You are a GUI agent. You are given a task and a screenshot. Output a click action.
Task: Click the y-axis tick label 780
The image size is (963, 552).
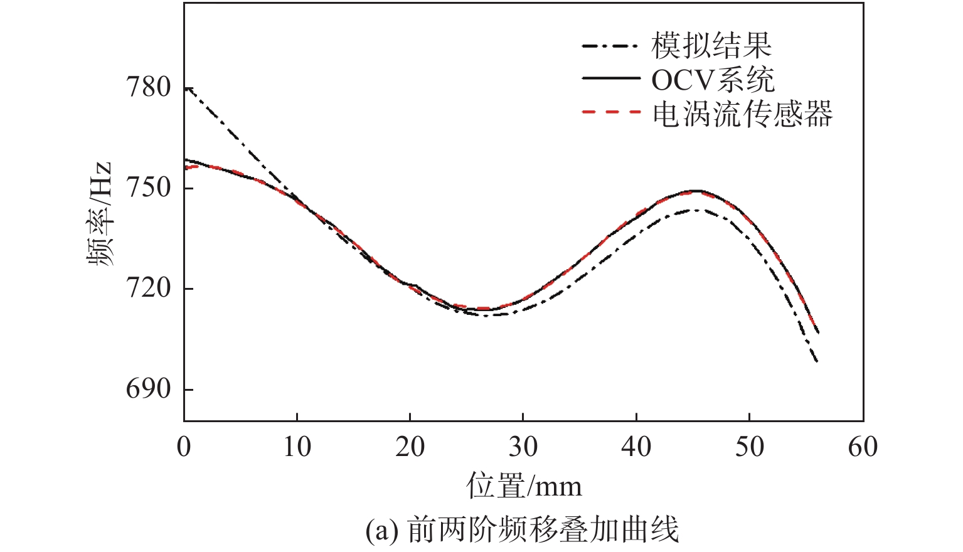tap(149, 87)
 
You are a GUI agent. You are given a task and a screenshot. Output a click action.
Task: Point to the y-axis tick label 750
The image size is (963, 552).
tap(149, 188)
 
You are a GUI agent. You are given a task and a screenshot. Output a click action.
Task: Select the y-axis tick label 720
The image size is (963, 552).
tap(149, 289)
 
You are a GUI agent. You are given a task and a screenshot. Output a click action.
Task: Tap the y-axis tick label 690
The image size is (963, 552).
tap(149, 389)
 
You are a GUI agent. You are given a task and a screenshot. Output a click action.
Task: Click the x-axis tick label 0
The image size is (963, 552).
tap(184, 447)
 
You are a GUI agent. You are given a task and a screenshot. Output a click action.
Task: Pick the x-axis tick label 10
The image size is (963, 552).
tap(297, 447)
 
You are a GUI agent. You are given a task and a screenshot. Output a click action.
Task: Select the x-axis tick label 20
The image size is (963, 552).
tap(410, 447)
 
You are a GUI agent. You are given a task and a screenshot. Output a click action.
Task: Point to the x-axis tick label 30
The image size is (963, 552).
tap(523, 447)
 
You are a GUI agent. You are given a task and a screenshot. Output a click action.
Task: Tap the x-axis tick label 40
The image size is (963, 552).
tap(636, 447)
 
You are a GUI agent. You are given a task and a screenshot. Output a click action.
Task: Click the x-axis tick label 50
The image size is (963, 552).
tap(750, 447)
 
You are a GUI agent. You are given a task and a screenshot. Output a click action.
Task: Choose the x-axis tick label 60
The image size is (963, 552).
tap(863, 447)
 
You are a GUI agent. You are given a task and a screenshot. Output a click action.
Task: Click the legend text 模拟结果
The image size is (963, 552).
tap(711, 45)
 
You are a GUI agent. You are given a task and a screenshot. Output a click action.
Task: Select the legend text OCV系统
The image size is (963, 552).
tap(713, 80)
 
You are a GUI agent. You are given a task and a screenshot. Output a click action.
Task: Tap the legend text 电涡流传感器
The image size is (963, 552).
tap(743, 114)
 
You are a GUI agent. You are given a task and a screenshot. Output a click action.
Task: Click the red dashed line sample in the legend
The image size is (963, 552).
tap(611, 112)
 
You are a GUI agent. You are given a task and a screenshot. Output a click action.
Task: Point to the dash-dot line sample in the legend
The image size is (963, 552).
tap(611, 45)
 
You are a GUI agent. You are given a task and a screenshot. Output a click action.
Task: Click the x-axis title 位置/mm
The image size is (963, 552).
tap(524, 486)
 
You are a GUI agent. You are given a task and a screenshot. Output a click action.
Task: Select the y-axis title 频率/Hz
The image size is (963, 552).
tap(100, 214)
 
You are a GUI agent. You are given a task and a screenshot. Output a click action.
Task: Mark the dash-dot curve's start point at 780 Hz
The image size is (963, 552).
tap(186, 88)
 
